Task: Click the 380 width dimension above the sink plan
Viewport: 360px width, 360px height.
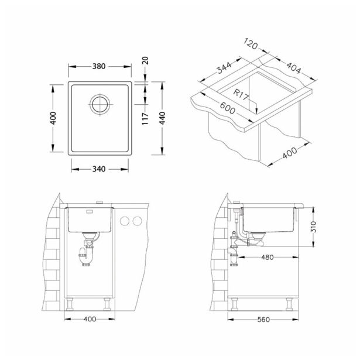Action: (98, 66)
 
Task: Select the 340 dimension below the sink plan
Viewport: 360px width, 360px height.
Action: (98, 170)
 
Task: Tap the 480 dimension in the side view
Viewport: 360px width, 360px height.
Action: (267, 257)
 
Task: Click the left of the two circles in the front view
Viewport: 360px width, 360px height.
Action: (125, 221)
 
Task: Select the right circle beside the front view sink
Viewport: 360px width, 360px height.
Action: (138, 221)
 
